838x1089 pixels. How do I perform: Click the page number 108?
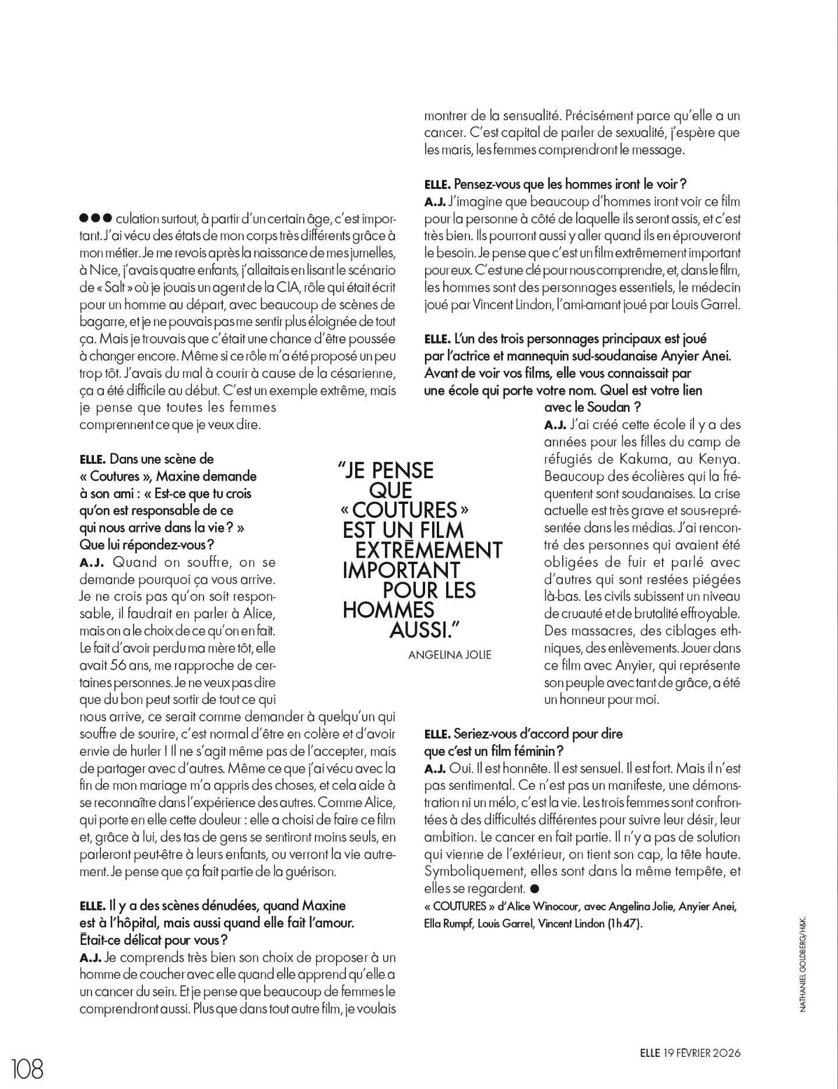coord(27,1069)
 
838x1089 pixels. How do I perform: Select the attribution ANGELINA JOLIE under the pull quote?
coord(450,654)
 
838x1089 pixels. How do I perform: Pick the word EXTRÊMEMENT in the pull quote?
coord(429,550)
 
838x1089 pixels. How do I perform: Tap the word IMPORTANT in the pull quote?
coord(401,570)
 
